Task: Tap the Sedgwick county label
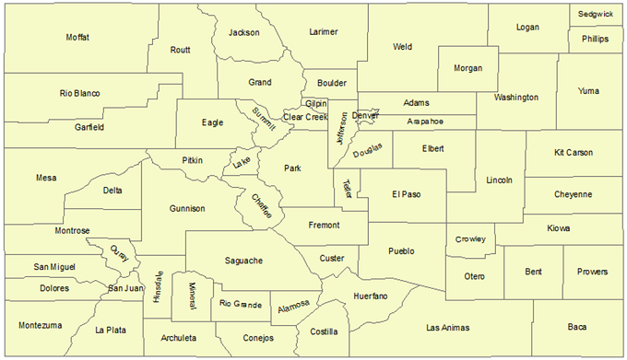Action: pos(596,15)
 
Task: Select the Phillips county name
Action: pos(595,40)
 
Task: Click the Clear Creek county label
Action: pos(305,117)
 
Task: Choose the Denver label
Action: pos(366,115)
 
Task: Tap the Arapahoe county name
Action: pos(425,122)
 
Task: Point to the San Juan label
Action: pos(125,288)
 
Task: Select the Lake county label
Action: pos(242,162)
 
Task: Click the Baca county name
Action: pos(577,327)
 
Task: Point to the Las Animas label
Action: pos(448,327)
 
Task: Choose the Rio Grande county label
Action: pos(242,303)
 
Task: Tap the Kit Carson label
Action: pos(573,152)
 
